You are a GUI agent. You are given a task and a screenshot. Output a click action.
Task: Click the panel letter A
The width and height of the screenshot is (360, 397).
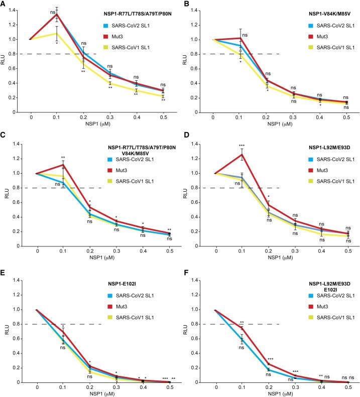(x=4, y=4)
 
